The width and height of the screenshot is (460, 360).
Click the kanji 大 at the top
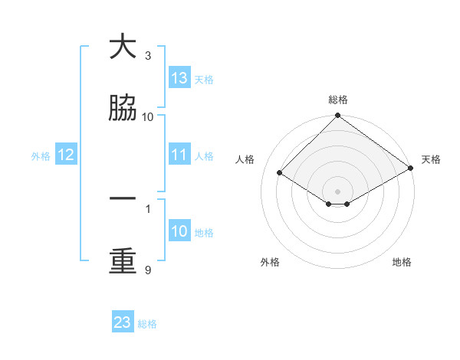(x=123, y=47)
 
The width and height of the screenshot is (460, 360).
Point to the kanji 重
(x=123, y=261)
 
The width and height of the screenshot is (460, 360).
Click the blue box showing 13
(x=179, y=77)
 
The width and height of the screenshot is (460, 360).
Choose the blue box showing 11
(x=179, y=155)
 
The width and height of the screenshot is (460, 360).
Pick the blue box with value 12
(x=66, y=155)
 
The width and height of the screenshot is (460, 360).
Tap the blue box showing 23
(x=123, y=322)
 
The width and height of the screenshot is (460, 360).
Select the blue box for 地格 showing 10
(x=179, y=231)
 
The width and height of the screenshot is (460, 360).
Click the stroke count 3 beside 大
(x=148, y=56)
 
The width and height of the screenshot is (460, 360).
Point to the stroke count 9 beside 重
(x=148, y=270)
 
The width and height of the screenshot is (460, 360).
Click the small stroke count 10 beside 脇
(x=148, y=116)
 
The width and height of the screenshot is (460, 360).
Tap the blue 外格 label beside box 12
(x=41, y=155)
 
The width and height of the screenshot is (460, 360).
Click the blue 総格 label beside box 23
(x=147, y=324)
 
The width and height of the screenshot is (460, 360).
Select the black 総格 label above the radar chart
(x=338, y=100)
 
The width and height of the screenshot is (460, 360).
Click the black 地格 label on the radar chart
(x=402, y=262)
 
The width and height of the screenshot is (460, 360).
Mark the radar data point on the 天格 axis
(x=411, y=169)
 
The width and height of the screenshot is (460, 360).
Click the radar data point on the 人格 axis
(x=280, y=173)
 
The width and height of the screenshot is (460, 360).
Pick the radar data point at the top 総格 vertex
(x=338, y=116)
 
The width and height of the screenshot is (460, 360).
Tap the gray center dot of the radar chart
(x=338, y=191)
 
